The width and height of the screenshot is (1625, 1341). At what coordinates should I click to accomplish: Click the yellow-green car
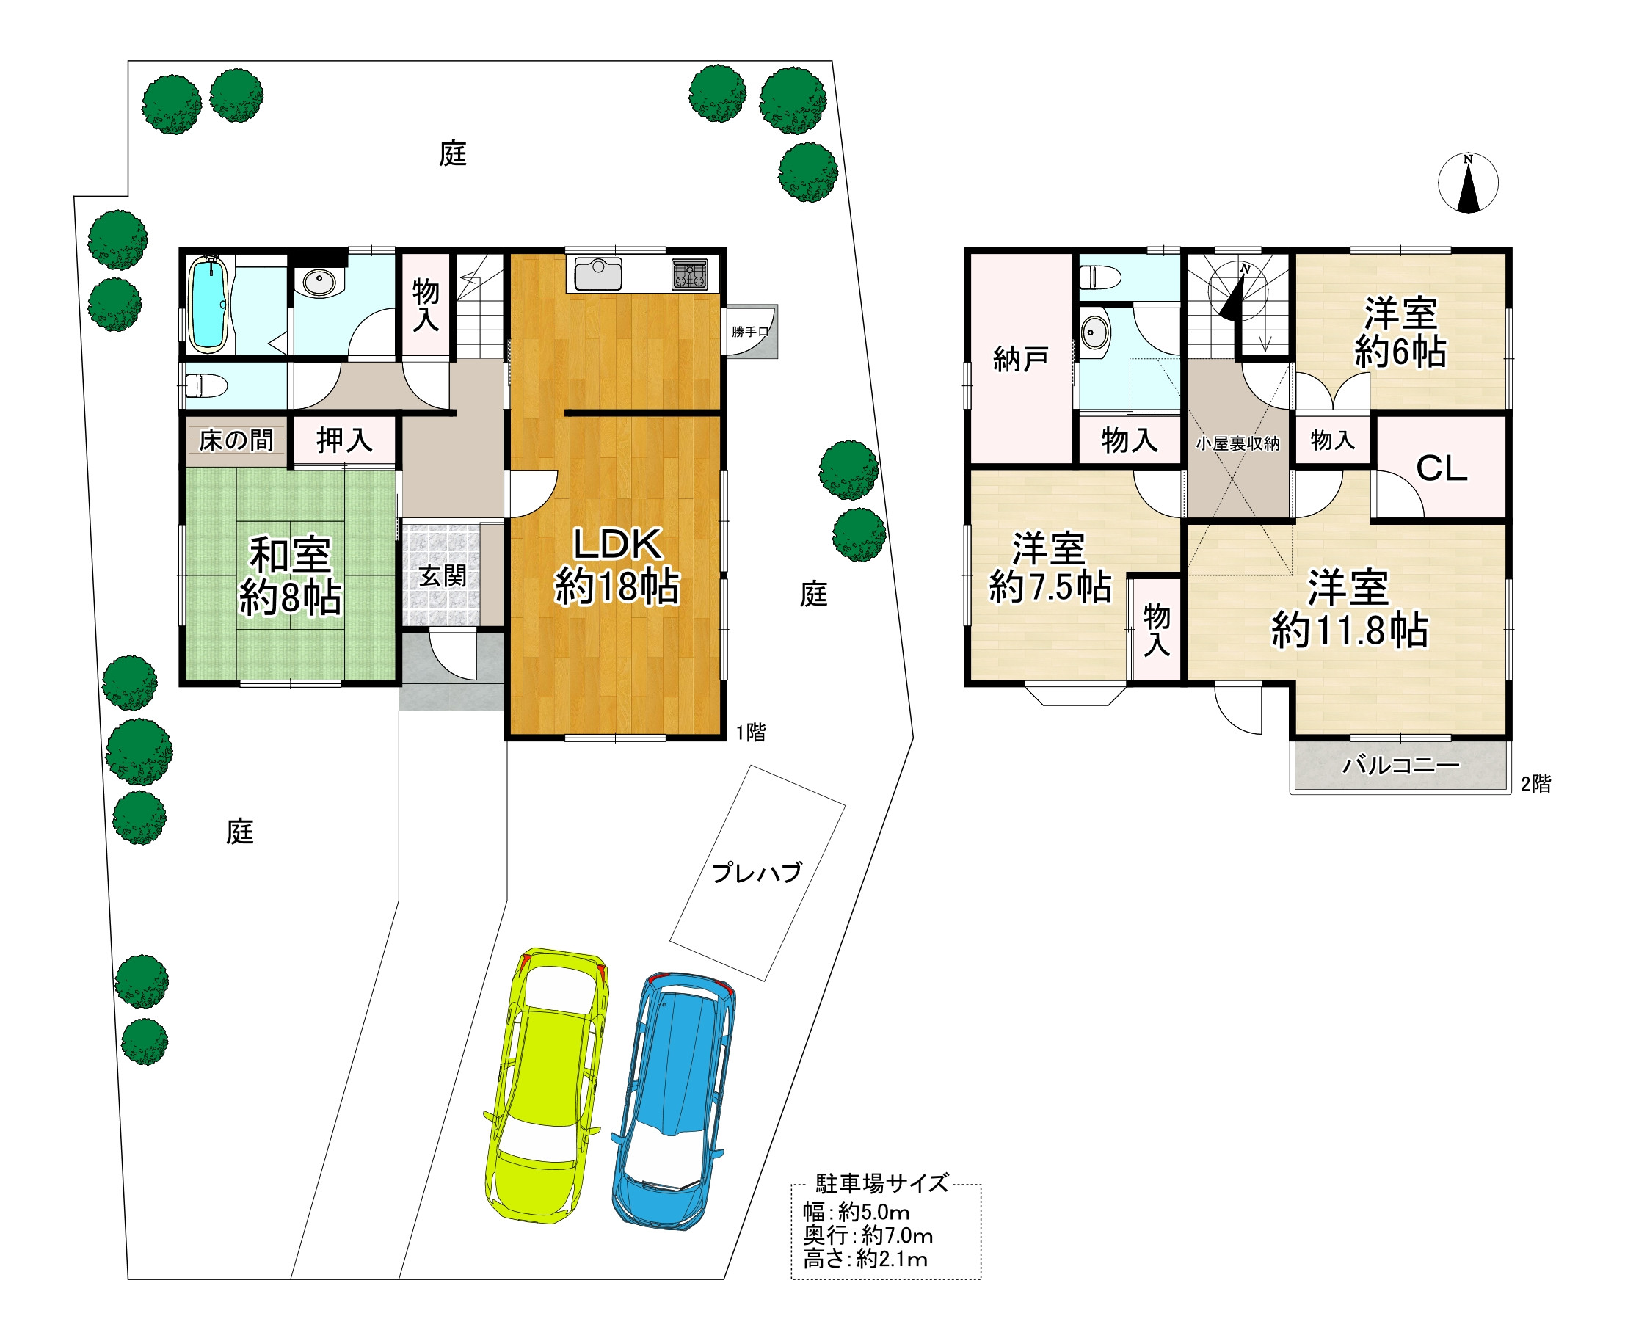pos(545,1086)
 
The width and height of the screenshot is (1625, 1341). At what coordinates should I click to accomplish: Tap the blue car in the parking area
pos(674,1100)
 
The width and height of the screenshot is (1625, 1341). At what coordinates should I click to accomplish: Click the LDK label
pos(617,545)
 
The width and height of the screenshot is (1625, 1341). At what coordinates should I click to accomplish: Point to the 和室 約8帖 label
pos(291,576)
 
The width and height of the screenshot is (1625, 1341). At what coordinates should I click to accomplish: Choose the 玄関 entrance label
pos(443,575)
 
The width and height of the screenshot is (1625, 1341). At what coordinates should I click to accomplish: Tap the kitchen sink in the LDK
pos(597,275)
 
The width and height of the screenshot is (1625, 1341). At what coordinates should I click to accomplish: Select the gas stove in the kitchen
pos(689,273)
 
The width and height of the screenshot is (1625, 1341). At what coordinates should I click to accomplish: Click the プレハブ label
pos(756,872)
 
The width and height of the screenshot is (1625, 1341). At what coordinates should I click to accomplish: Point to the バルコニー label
pos(1400,766)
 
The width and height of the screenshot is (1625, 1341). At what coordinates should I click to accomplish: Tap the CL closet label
pos(1442,468)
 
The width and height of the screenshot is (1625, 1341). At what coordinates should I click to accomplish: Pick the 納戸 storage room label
pos(1020,359)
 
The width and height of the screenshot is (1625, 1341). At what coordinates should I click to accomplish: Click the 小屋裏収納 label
pos(1237,443)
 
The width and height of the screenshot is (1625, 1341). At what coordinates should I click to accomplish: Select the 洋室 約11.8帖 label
pos(1349,608)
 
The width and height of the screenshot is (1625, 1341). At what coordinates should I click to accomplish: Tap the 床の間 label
pos(236,440)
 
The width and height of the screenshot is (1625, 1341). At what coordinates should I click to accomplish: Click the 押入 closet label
pos(344,440)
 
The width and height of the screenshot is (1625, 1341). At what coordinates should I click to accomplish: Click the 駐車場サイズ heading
pos(882,1183)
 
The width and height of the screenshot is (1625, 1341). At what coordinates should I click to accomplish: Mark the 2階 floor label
pos(1535,784)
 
